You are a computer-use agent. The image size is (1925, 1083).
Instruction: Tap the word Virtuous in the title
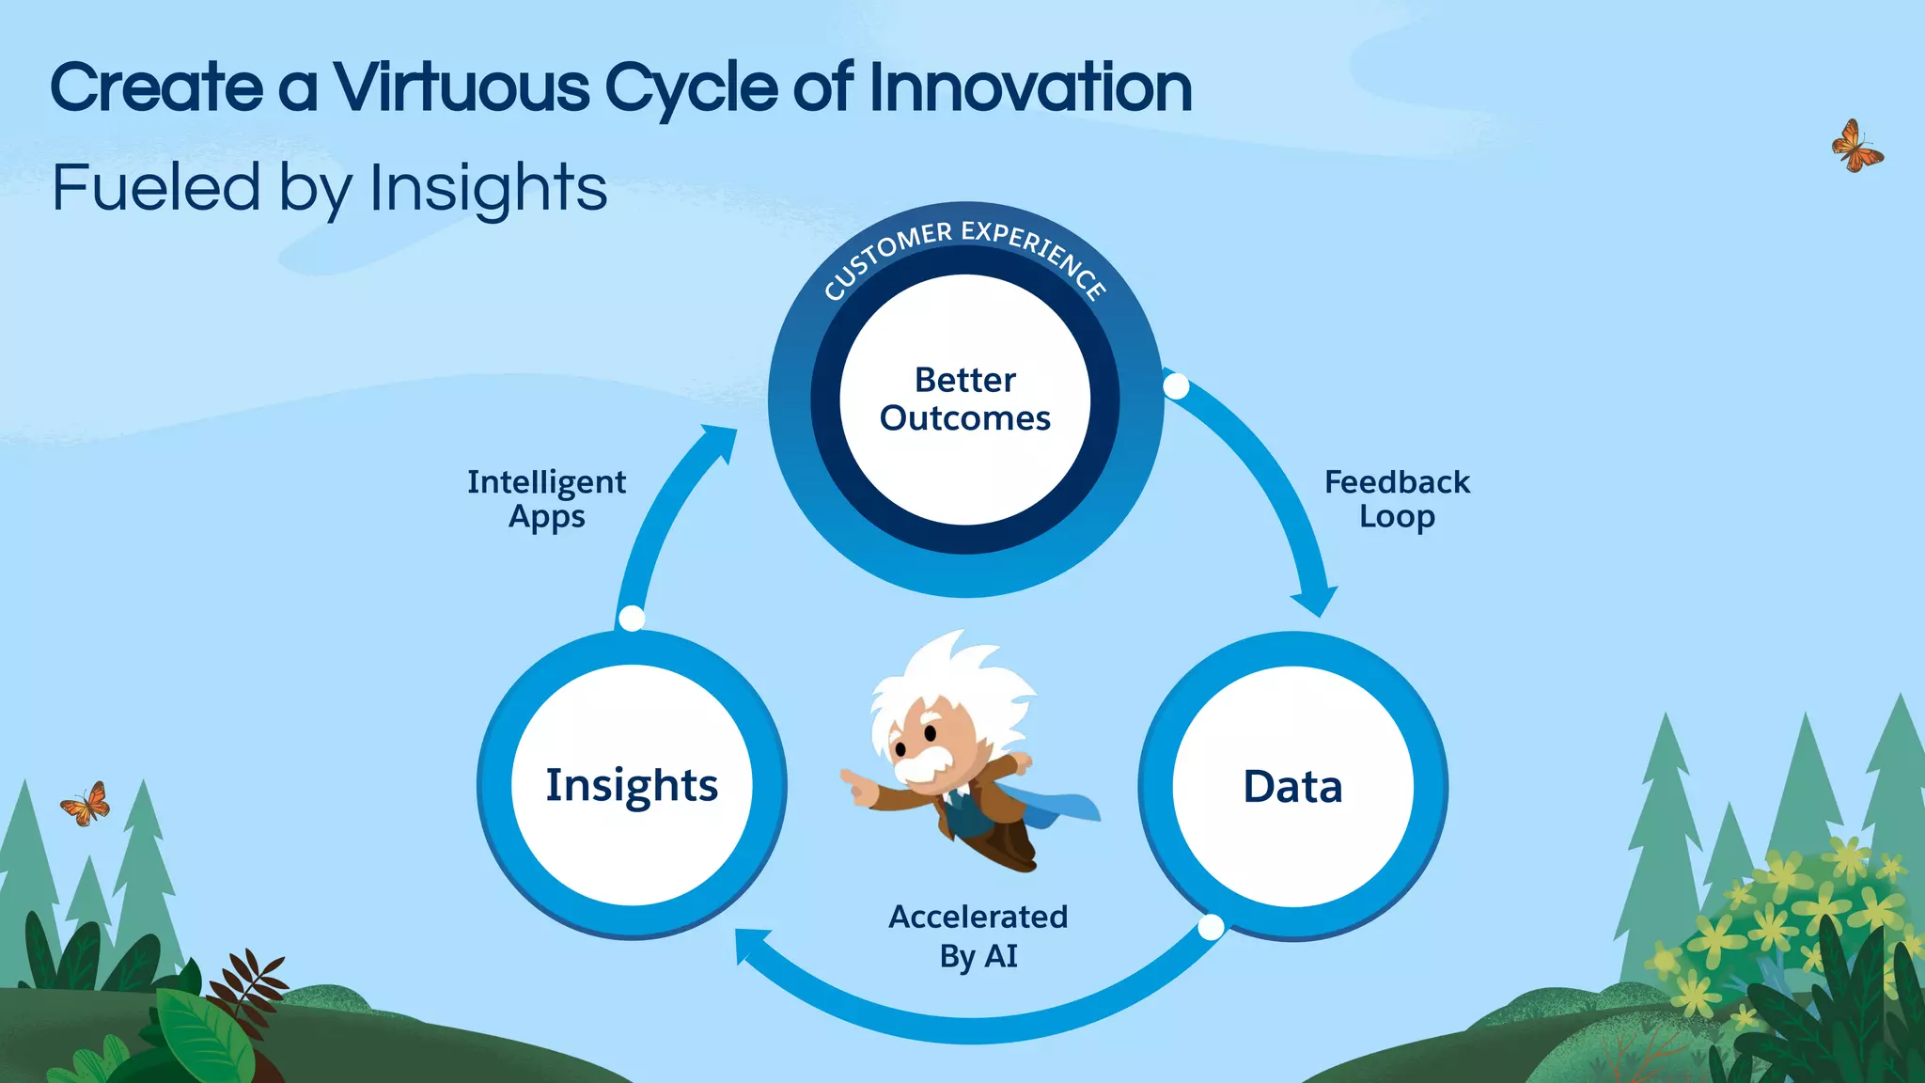click(x=462, y=88)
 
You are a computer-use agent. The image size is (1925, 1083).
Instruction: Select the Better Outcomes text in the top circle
click(x=965, y=400)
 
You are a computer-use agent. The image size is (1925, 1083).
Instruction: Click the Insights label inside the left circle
click(x=632, y=786)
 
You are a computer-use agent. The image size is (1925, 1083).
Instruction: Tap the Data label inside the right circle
click(x=1292, y=787)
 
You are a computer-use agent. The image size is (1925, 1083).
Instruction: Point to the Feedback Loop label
click(x=1397, y=499)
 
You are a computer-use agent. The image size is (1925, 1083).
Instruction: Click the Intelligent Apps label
click(x=546, y=499)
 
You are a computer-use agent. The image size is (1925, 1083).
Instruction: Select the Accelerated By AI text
click(x=978, y=936)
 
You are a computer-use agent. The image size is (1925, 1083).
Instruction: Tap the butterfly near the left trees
click(x=86, y=805)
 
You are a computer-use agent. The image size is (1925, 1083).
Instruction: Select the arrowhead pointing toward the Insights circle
click(x=752, y=945)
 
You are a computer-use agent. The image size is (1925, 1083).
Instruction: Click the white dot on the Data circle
click(x=1212, y=928)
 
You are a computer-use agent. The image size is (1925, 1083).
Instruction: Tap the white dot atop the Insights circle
click(x=632, y=619)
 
